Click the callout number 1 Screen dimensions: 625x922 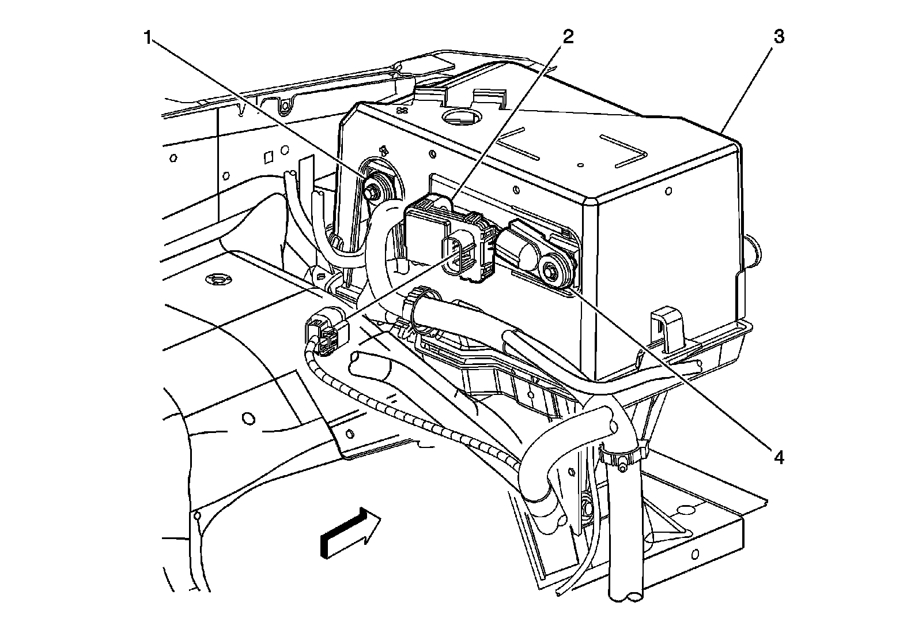[148, 39]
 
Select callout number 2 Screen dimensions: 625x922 [568, 37]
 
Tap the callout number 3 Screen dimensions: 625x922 [779, 37]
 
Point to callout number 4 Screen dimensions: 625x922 [779, 458]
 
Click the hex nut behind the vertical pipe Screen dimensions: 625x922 [588, 508]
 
